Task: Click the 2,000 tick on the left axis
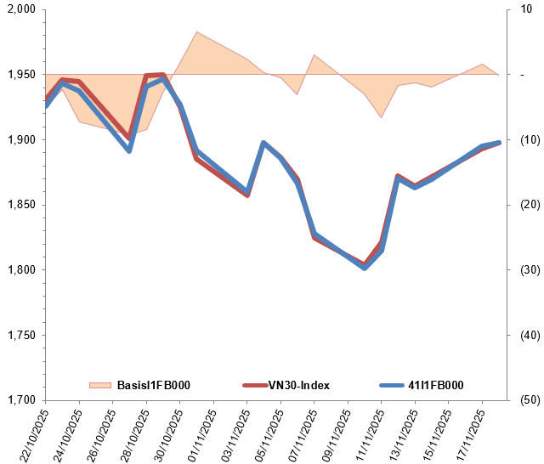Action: [x=19, y=9]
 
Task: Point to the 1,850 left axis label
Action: [x=19, y=205]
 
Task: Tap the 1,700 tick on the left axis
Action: [x=19, y=400]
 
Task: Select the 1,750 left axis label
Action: [x=19, y=336]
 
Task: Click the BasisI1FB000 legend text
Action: [x=153, y=385]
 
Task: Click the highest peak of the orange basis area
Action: [x=196, y=32]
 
